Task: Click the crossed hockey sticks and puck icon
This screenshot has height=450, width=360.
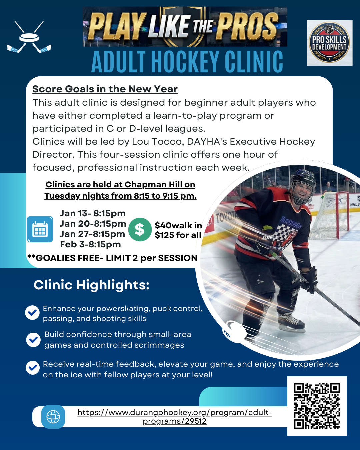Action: tap(29, 37)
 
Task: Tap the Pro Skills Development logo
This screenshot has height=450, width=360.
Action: tap(329, 43)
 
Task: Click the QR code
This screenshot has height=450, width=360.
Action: tap(317, 406)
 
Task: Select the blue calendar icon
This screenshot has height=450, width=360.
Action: tap(40, 229)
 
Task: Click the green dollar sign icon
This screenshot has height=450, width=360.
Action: tap(140, 229)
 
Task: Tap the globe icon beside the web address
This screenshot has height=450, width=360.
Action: tap(53, 417)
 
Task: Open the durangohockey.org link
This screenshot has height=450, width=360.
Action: tap(174, 417)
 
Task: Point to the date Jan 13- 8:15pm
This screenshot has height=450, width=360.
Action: tap(93, 213)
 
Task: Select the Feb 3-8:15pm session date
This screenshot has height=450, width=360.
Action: tap(90, 244)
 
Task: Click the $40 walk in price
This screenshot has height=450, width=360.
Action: tap(178, 225)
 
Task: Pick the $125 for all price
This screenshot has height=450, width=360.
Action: tap(178, 235)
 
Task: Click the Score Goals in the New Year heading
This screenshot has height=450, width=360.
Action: tap(105, 89)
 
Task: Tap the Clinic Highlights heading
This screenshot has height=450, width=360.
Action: tap(91, 285)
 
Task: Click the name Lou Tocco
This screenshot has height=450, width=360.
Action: tap(157, 142)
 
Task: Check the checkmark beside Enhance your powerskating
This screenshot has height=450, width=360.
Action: tap(32, 313)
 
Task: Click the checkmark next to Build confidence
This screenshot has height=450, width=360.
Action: tap(33, 340)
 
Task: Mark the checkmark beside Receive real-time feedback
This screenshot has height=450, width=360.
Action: tap(33, 368)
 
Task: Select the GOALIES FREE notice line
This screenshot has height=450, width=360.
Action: tap(112, 258)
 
